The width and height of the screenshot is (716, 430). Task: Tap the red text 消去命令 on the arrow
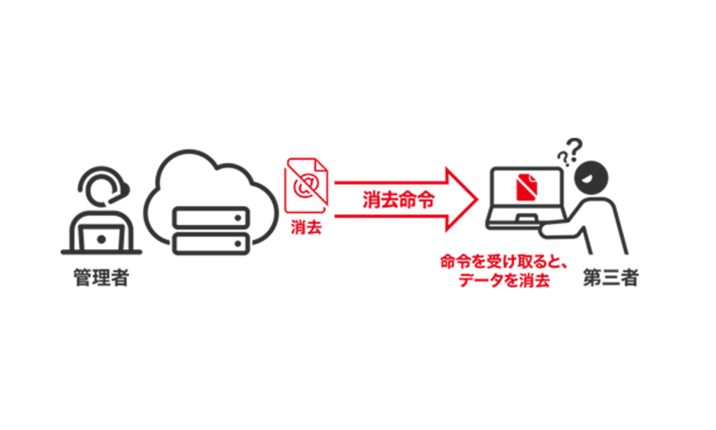coord(398,199)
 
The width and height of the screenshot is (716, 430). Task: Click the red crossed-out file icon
coord(307,186)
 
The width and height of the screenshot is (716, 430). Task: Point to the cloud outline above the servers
coord(209,166)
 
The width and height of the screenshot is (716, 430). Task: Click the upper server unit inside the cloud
coord(208,218)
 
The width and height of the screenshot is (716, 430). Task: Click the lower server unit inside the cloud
coord(208,243)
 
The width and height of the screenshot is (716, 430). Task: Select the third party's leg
coord(618,235)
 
